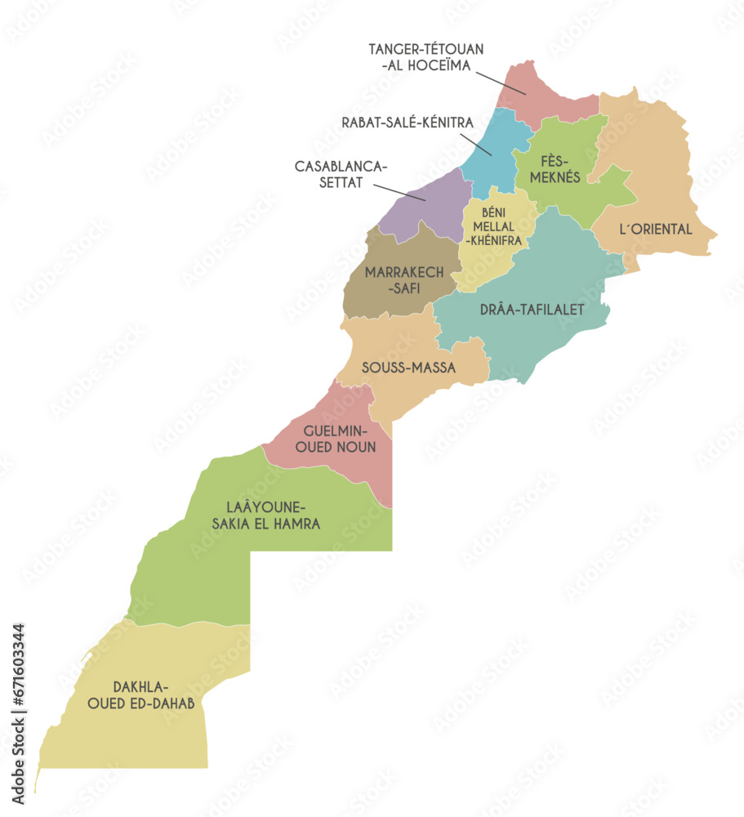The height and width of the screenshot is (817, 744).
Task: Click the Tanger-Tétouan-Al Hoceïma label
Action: pyautogui.click(x=425, y=56)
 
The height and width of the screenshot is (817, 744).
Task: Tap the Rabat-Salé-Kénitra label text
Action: pyautogui.click(x=408, y=123)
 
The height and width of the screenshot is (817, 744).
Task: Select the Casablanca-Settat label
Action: pyautogui.click(x=340, y=174)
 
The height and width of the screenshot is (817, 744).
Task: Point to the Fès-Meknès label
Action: pyautogui.click(x=559, y=169)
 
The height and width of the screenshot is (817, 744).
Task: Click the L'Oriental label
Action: pyautogui.click(x=656, y=230)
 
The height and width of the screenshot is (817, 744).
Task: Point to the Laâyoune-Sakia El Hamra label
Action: pyautogui.click(x=265, y=515)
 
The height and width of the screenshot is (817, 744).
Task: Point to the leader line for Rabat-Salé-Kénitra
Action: pyautogui.click(x=479, y=145)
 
